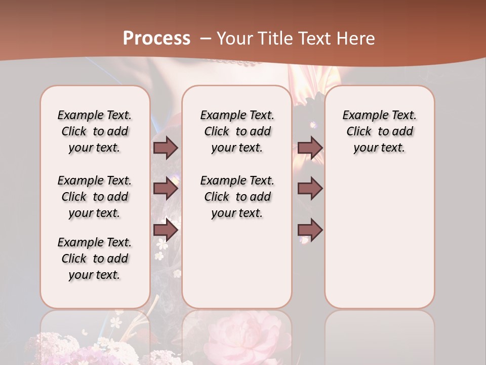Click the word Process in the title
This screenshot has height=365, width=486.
pyautogui.click(x=156, y=38)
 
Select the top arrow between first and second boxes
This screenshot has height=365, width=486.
pyautogui.click(x=166, y=148)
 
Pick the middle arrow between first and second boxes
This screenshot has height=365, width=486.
pyautogui.click(x=166, y=189)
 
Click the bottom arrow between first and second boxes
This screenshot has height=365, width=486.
pyautogui.click(x=166, y=230)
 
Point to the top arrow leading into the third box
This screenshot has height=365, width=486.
pyautogui.click(x=310, y=148)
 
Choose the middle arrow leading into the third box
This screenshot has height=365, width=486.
pyautogui.click(x=310, y=189)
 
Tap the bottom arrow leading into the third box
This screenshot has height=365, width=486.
pyautogui.click(x=310, y=230)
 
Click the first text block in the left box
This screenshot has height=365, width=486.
pyautogui.click(x=95, y=131)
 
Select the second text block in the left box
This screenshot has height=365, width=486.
pyautogui.click(x=95, y=197)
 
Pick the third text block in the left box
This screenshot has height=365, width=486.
pyautogui.click(x=95, y=259)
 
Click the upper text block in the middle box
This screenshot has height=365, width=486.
pyautogui.click(x=237, y=131)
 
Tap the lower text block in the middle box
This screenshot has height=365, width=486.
pyautogui.click(x=237, y=197)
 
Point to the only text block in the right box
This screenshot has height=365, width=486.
pyautogui.click(x=379, y=131)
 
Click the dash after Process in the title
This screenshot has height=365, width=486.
pyautogui.click(x=206, y=39)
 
